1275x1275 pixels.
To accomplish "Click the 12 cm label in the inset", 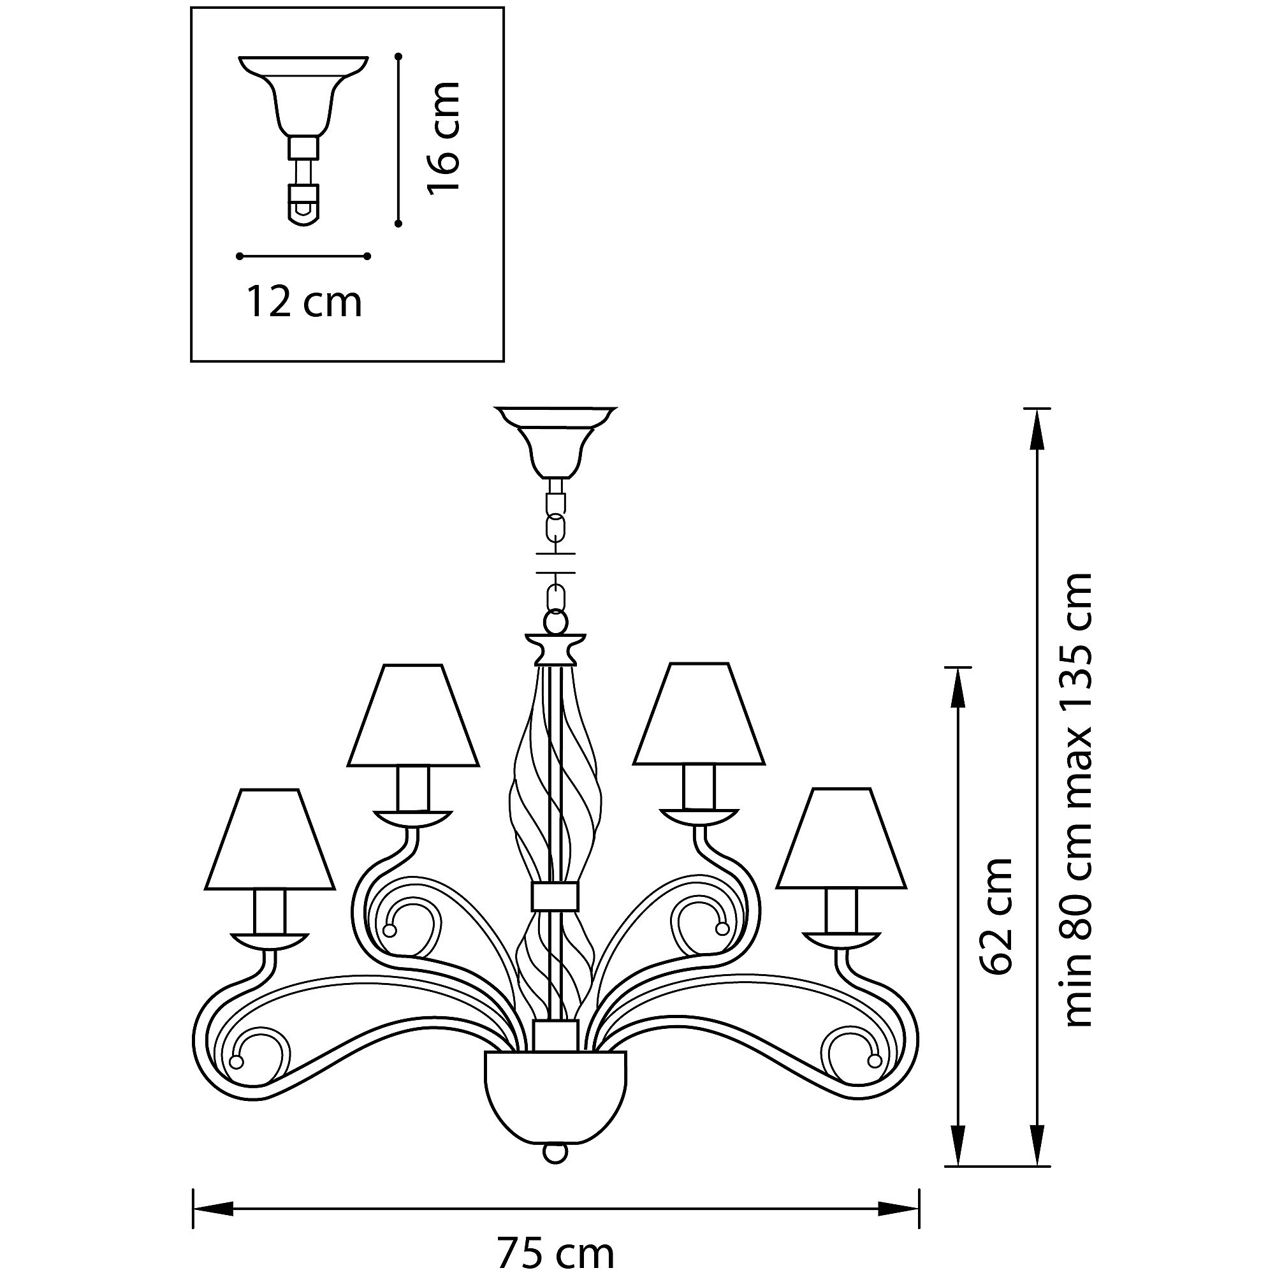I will click(304, 303).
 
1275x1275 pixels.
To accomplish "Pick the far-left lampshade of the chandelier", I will click(270, 839).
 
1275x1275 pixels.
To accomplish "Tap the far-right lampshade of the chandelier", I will click(841, 838).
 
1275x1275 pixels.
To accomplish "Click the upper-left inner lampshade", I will click(413, 715).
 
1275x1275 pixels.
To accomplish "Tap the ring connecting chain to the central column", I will click(557, 621).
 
